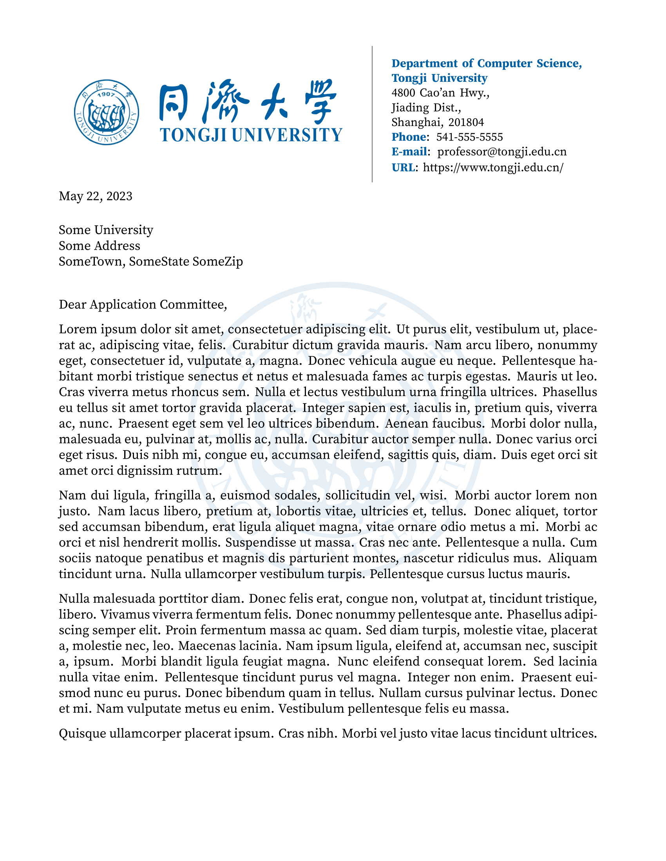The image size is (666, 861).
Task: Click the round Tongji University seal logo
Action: [107, 112]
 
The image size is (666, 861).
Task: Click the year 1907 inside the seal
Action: [106, 95]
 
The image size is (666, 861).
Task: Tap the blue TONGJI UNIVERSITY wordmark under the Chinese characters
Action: [251, 135]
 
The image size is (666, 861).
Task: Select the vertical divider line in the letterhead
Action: [372, 114]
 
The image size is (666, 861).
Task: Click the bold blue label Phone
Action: [409, 137]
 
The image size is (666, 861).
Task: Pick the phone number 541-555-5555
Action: [469, 137]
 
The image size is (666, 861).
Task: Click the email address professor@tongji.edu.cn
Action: [502, 152]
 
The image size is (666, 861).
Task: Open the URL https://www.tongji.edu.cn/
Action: [493, 168]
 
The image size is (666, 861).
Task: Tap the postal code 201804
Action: [466, 122]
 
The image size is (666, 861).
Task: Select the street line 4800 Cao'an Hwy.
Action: [440, 93]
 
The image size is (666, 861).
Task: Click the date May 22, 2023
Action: [96, 196]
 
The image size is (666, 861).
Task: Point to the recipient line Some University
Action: [106, 230]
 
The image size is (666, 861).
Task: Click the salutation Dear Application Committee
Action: [143, 305]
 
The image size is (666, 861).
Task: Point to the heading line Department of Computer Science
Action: [487, 63]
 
